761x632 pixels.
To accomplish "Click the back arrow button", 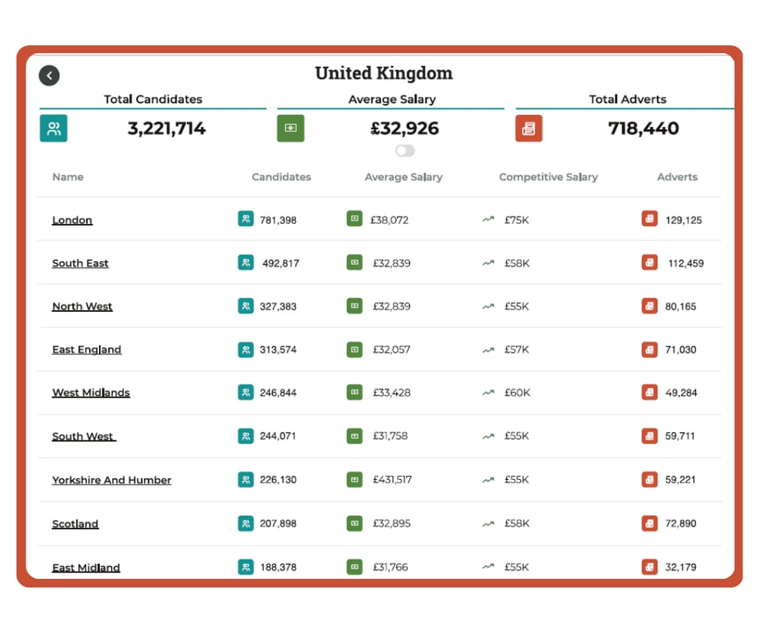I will click(49, 75).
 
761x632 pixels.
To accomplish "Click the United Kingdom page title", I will click(384, 73).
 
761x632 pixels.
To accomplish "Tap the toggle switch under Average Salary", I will click(405, 151).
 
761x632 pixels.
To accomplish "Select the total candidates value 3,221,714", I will click(166, 129).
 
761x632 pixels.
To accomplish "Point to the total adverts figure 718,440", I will click(643, 129).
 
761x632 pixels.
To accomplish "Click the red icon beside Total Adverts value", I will click(529, 129).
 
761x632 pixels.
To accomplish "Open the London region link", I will click(72, 220).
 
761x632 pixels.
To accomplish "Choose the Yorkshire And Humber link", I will click(111, 480).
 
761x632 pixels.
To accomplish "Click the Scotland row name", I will click(75, 524).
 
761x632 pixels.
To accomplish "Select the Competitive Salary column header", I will click(548, 177).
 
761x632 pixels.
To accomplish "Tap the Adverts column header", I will click(677, 177).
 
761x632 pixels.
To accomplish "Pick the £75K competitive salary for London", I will click(517, 220).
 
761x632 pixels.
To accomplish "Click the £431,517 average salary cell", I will click(391, 480).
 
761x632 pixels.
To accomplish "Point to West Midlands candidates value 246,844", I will click(278, 393).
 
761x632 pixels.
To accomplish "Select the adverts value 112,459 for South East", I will click(685, 263).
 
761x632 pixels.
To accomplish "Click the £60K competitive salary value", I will click(517, 393).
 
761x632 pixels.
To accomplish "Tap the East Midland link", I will click(85, 568).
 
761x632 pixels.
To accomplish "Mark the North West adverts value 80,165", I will click(681, 307).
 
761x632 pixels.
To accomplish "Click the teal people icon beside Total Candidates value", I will click(54, 129).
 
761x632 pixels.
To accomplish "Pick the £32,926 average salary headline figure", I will click(405, 129).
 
